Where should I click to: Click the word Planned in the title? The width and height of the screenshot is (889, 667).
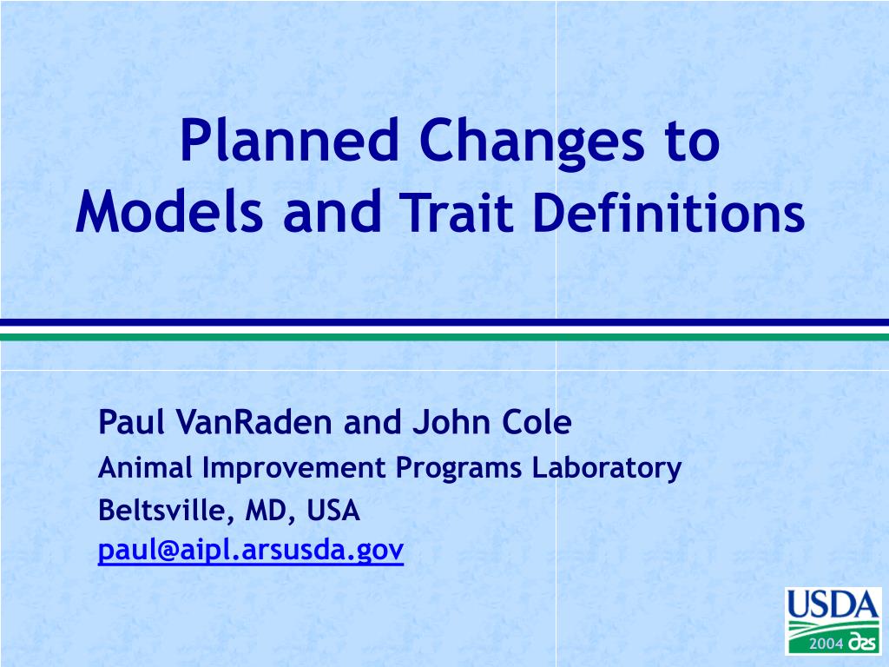pos(289,139)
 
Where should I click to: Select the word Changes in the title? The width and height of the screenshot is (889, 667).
pos(532,142)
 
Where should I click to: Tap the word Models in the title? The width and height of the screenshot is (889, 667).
pos(169,212)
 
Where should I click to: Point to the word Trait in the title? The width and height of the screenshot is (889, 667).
pos(459,212)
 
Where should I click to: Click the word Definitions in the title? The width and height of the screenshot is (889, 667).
pos(669,212)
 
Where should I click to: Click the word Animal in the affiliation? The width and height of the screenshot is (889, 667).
pos(145,467)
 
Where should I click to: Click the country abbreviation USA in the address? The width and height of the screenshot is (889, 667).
pos(333,511)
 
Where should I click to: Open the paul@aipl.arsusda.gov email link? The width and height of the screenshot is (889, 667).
pos(251,550)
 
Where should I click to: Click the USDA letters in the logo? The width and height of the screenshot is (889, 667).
pos(833,604)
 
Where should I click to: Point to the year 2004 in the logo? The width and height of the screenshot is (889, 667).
pos(826,644)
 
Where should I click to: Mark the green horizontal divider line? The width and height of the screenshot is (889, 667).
pos(444,337)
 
